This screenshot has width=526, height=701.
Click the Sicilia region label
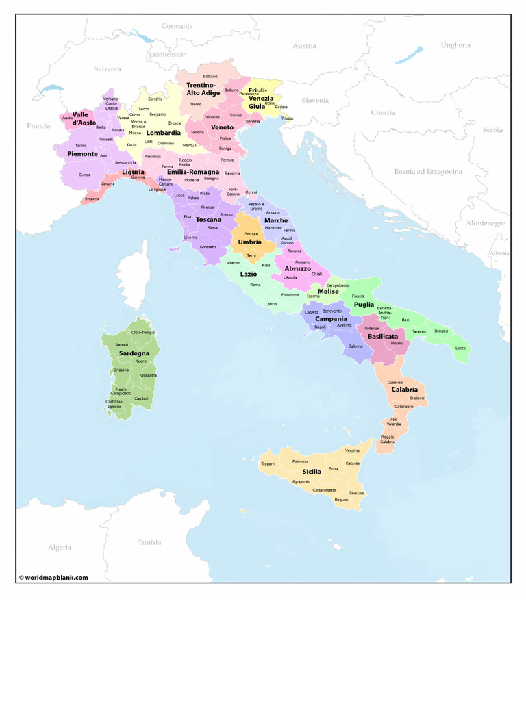[312, 472]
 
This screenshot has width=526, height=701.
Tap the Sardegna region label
[134, 353]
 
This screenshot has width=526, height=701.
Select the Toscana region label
[209, 219]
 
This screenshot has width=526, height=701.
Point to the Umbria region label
[249, 242]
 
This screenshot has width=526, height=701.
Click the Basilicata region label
[383, 337]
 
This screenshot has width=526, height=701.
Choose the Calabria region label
[405, 390]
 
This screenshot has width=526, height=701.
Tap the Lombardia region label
[164, 133]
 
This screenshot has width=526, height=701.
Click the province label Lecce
[460, 348]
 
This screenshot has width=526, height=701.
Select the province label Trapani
[268, 463]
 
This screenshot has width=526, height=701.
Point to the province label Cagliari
[142, 398]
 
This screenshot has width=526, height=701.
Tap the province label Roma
[255, 285]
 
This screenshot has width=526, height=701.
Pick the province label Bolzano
[210, 76]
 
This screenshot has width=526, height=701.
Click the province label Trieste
[287, 118]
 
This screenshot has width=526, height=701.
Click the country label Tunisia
[149, 542]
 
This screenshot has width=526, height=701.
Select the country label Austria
[304, 46]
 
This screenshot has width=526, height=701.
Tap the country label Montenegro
[486, 223]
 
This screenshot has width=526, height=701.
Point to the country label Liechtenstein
[168, 54]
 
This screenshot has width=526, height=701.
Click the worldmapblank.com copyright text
[53, 577]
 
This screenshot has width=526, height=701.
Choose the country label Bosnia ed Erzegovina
[428, 171]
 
